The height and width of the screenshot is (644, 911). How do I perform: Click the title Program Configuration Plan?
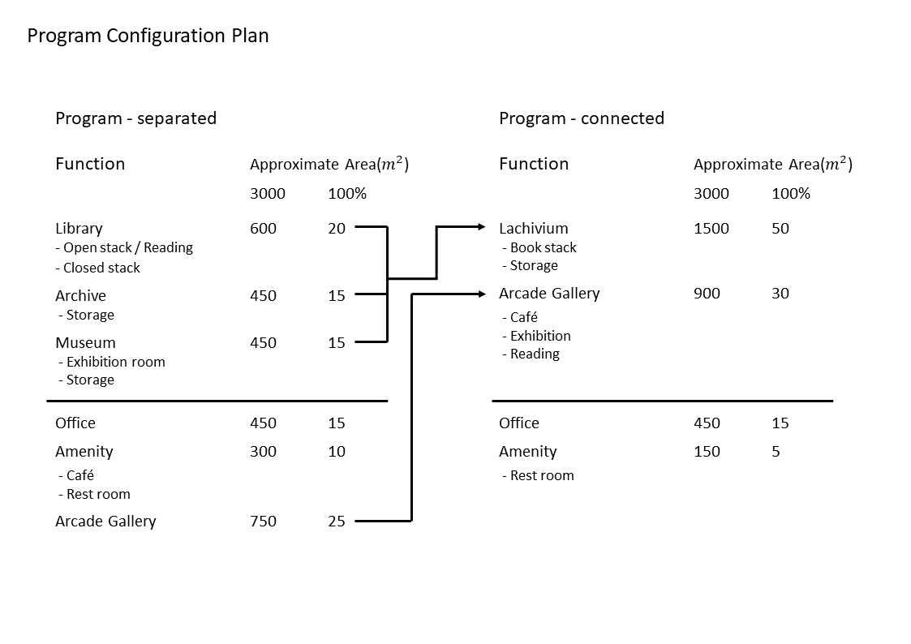[x=148, y=36]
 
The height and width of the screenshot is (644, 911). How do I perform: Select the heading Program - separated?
[x=136, y=118]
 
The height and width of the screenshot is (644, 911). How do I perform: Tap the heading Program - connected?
[x=582, y=118]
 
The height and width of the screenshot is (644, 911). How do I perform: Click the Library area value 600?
[x=263, y=228]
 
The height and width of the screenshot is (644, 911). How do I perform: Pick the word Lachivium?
[x=533, y=228]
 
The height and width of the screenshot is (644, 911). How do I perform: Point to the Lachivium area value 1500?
[x=711, y=228]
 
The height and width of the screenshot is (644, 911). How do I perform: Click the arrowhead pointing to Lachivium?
[x=482, y=226]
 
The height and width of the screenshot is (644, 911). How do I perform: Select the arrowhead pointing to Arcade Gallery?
[x=482, y=294]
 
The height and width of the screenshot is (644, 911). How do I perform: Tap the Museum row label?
[x=85, y=342]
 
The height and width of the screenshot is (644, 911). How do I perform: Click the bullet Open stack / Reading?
[x=124, y=248]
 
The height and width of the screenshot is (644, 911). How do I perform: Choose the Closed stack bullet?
[x=97, y=268]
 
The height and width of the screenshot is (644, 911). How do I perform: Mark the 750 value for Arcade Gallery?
[x=263, y=522]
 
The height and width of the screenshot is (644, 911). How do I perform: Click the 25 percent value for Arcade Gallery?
[x=337, y=522]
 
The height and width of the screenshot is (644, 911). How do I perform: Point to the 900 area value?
[x=707, y=294]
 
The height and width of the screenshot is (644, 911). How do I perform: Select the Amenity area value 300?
[x=263, y=452]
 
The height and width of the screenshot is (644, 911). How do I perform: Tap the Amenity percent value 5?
[x=776, y=452]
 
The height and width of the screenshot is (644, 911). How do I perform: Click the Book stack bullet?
[x=539, y=248]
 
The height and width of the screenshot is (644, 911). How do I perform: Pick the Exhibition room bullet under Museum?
[x=112, y=363]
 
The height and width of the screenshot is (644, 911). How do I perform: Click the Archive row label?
[x=81, y=295]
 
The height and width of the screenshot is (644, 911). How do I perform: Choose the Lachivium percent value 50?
[x=780, y=228]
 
